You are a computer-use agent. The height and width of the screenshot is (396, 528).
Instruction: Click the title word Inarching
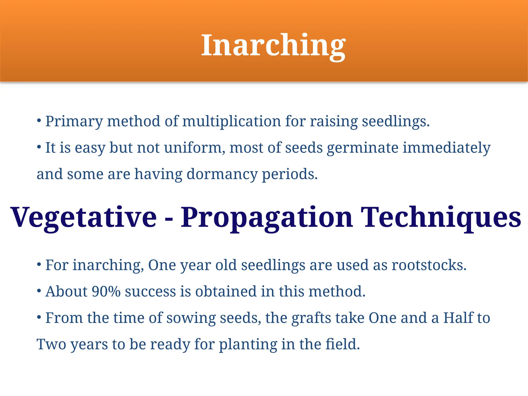tap(273, 45)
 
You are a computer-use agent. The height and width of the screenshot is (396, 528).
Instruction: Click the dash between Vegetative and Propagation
tap(169, 219)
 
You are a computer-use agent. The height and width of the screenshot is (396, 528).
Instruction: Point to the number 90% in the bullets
tap(106, 291)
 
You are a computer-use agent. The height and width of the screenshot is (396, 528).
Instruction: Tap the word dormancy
tap(222, 174)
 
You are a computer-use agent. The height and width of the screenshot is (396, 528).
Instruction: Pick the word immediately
tap(446, 148)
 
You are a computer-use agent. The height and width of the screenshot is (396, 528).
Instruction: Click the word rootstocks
tap(429, 265)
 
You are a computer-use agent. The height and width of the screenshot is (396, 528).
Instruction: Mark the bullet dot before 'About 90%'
tap(39, 291)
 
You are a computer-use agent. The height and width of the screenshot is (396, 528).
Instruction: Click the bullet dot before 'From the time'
tap(39, 317)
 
